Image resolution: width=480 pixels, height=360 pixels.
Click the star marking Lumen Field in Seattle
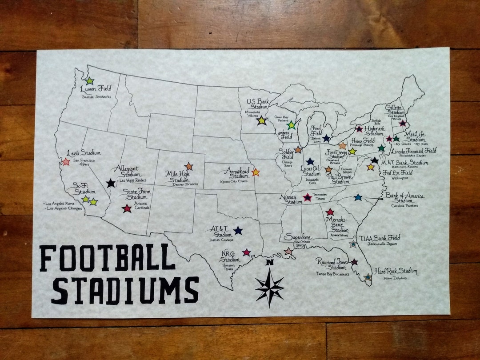[x=89, y=81]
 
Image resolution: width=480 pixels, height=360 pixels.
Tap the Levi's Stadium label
[x=84, y=152]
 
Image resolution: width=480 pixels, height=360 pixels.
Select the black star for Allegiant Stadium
[x=111, y=183]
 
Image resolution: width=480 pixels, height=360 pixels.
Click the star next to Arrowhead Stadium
[x=256, y=172]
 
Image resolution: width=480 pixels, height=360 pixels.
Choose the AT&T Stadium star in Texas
[x=238, y=230]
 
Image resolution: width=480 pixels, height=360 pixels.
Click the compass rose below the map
[x=269, y=287]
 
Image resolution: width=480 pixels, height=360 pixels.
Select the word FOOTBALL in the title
[x=107, y=258]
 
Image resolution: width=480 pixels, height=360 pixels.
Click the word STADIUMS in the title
[x=124, y=290]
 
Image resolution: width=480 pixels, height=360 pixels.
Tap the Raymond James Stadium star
[x=354, y=262]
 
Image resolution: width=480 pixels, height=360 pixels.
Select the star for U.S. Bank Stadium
[x=262, y=120]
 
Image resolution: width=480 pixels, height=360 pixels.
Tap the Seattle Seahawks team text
[x=96, y=97]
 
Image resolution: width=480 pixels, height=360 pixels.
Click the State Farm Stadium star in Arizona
[x=127, y=208]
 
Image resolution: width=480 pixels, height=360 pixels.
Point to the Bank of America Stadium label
[x=404, y=198]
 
